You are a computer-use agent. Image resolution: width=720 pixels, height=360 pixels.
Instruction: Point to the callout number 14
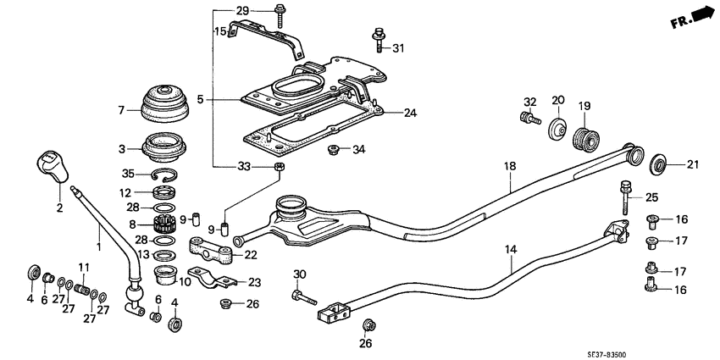[510, 251]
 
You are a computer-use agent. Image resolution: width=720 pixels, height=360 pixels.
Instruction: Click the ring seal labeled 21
[657, 163]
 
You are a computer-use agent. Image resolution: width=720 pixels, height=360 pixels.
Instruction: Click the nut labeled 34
[333, 151]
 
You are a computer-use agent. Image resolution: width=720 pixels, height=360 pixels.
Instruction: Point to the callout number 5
[200, 100]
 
